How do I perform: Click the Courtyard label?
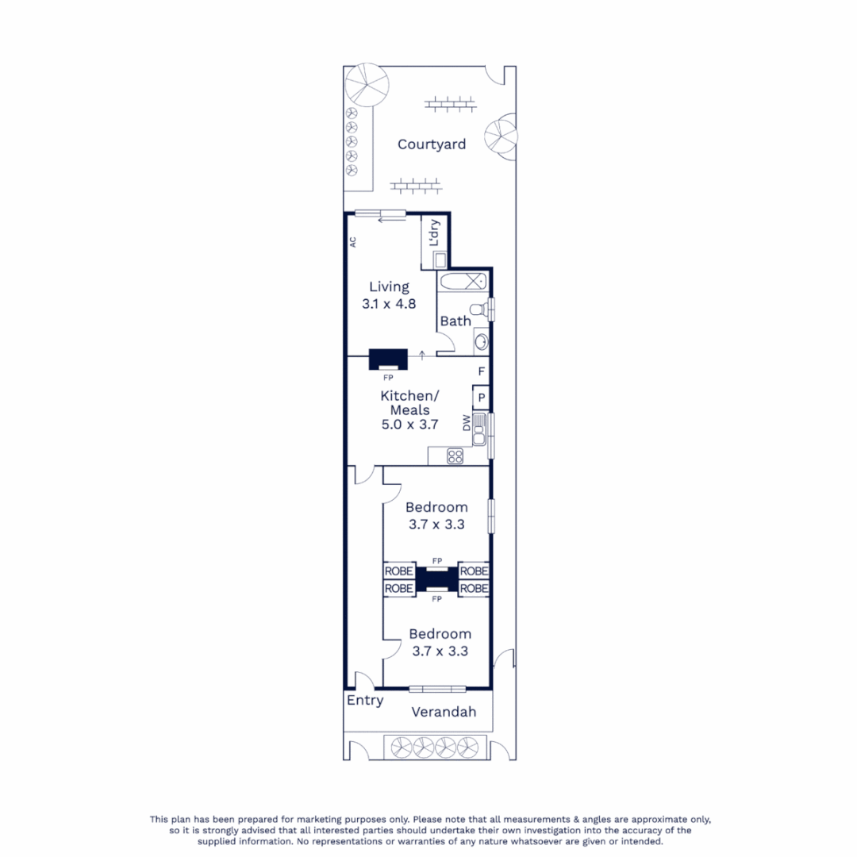tap(431, 144)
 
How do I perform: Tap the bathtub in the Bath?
tap(463, 281)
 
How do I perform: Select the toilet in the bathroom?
tap(478, 309)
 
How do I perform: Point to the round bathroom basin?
tap(480, 342)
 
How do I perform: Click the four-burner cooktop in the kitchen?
tap(455, 455)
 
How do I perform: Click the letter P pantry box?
tap(481, 398)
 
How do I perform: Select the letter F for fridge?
tap(481, 371)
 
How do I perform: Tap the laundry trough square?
tap(440, 258)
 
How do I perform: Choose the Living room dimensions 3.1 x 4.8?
tap(389, 303)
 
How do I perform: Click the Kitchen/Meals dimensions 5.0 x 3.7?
tap(409, 425)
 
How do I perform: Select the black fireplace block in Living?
tap(388, 359)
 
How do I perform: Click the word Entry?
tap(365, 701)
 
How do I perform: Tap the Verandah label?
tap(444, 712)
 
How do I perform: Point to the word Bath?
tap(455, 321)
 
